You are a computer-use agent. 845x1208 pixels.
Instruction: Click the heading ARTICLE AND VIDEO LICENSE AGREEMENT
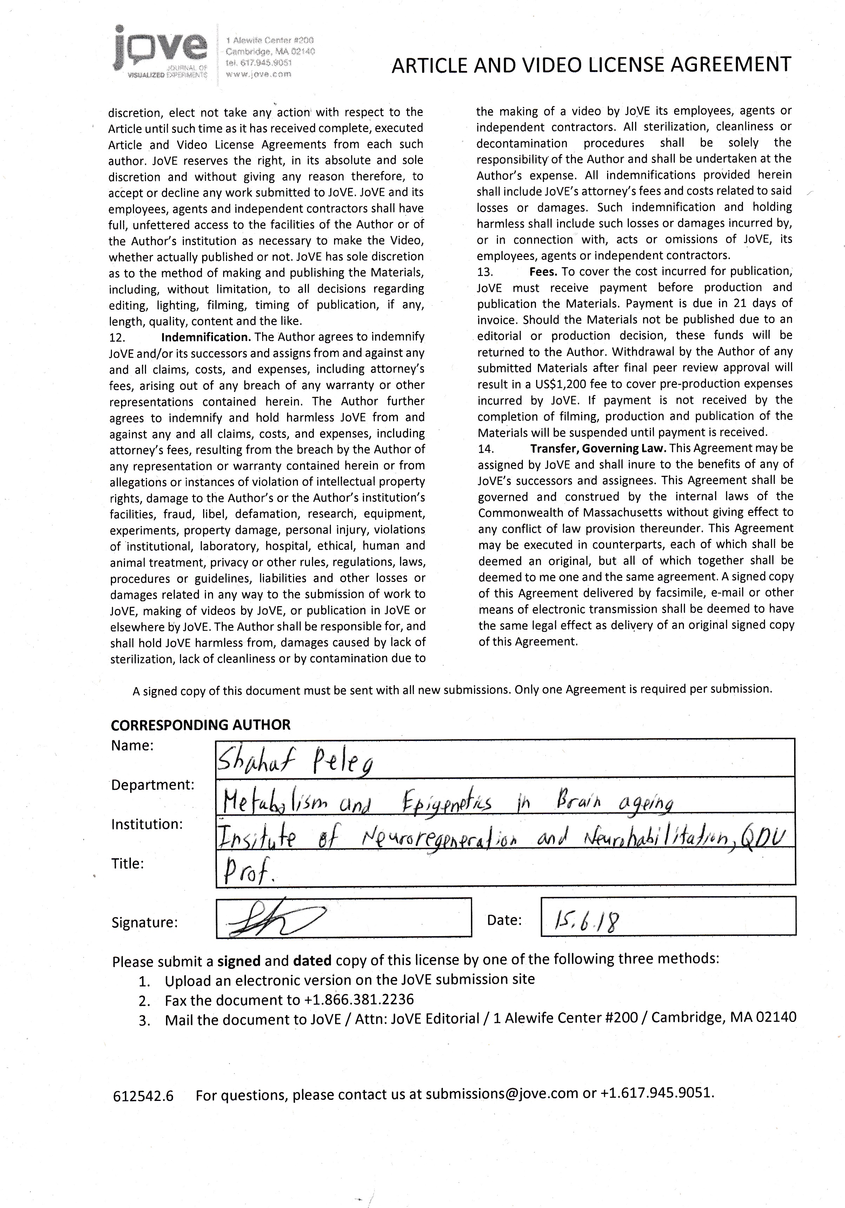pos(591,65)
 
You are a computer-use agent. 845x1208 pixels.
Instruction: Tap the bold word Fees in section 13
pos(543,271)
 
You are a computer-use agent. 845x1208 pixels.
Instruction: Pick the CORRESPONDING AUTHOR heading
pos(200,725)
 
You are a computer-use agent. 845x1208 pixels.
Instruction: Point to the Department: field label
pos(153,785)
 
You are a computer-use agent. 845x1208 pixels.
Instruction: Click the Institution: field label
pos(147,824)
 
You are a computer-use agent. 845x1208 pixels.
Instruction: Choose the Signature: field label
pos(145,922)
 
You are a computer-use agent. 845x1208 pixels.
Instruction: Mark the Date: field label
pos(504,920)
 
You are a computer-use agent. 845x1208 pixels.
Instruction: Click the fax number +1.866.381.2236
pos(359,1000)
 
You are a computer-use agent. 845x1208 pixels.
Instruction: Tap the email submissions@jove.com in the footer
pos(502,1094)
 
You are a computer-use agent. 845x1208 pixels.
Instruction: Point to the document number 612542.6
pos(143,1096)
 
